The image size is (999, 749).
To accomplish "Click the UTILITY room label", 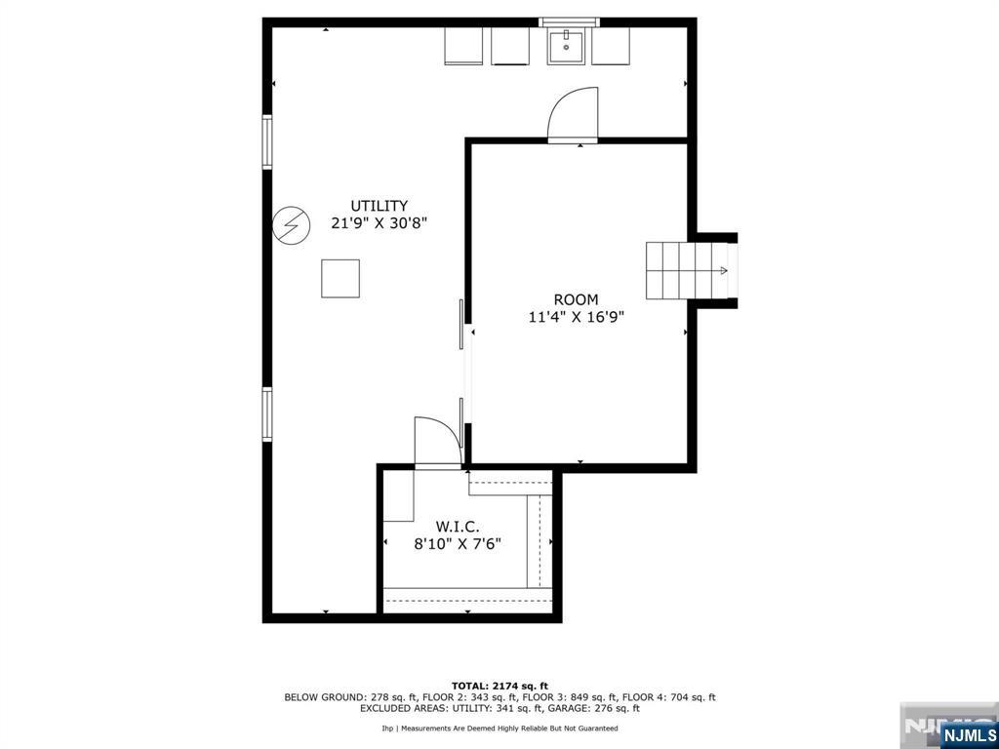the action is tap(380, 206).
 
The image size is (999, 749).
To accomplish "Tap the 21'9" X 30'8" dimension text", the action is tap(379, 223).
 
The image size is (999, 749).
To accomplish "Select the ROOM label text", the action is tap(576, 299).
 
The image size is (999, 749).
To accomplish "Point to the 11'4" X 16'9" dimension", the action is tap(576, 317).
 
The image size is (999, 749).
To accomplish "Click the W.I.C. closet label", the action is tap(458, 527).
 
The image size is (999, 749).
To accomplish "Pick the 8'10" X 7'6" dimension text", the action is tap(458, 544).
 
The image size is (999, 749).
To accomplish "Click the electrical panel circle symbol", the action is tap(291, 225).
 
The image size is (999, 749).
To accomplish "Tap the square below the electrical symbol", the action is tap(340, 278).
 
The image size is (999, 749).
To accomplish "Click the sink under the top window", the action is tap(566, 45).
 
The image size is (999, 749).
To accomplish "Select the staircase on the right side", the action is tap(687, 271).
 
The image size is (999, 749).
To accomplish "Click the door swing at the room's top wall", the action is tap(573, 113).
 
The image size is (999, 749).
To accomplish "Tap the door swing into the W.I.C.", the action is tap(438, 443).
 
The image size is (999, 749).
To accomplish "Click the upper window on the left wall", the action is tap(267, 142).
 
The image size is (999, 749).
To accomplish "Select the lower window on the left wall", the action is tap(267, 414).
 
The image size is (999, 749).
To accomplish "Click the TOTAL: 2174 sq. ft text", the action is tap(499, 686).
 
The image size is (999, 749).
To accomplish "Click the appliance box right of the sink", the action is tap(611, 45).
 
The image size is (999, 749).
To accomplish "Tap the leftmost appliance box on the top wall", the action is tap(463, 45).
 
